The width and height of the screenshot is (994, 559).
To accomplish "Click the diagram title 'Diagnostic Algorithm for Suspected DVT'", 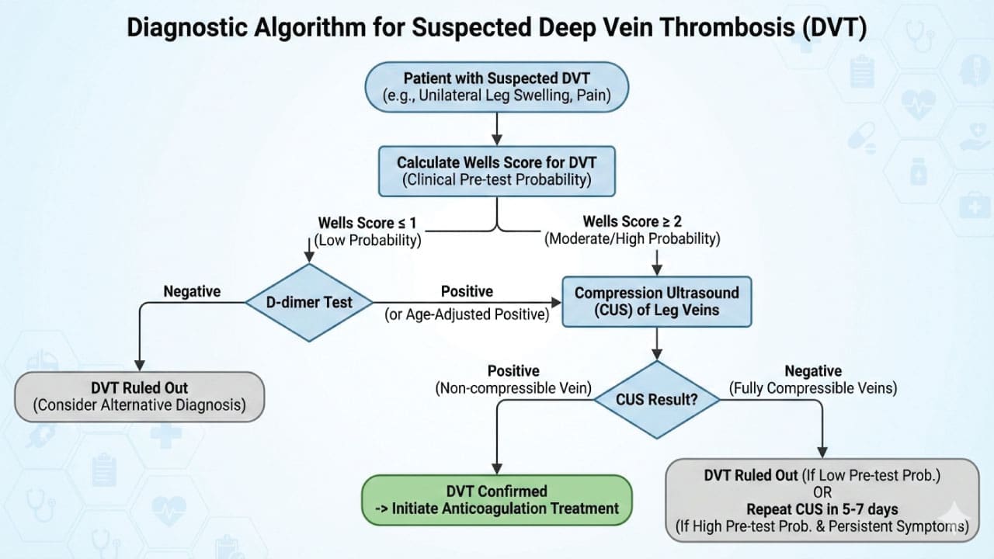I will tap(497, 28).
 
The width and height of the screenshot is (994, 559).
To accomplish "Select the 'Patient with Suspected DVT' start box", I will tap(497, 86).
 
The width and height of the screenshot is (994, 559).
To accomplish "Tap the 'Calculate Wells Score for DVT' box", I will tap(497, 172).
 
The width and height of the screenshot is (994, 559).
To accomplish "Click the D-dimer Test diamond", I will tap(309, 302).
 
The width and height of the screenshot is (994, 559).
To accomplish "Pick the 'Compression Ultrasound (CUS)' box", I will tap(657, 302).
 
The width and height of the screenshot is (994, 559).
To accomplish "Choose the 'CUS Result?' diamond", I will tap(657, 401).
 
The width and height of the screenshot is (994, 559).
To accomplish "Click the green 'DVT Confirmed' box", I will tap(497, 500).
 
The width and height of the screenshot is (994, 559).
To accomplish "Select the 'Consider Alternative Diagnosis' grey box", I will tap(139, 396).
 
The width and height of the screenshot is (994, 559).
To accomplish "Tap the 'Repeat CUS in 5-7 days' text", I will tap(822, 510).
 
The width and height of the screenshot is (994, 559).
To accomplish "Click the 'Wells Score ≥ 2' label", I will tap(632, 222).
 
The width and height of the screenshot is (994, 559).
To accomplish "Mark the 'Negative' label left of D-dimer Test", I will tap(192, 291).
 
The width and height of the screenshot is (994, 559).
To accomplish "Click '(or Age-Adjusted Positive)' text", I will tap(467, 314).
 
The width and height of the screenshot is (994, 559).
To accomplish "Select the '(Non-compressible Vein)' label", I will tap(513, 387).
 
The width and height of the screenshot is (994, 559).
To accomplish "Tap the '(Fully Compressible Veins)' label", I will tap(813, 387).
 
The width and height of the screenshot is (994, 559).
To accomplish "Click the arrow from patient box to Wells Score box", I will tap(497, 128).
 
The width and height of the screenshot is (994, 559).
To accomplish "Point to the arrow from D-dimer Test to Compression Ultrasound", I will tap(466, 303).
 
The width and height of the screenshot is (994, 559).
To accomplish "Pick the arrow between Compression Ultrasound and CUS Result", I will tap(657, 344).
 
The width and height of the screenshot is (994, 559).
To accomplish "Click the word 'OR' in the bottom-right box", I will tap(822, 492).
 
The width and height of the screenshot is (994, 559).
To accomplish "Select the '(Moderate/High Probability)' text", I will tap(632, 239).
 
